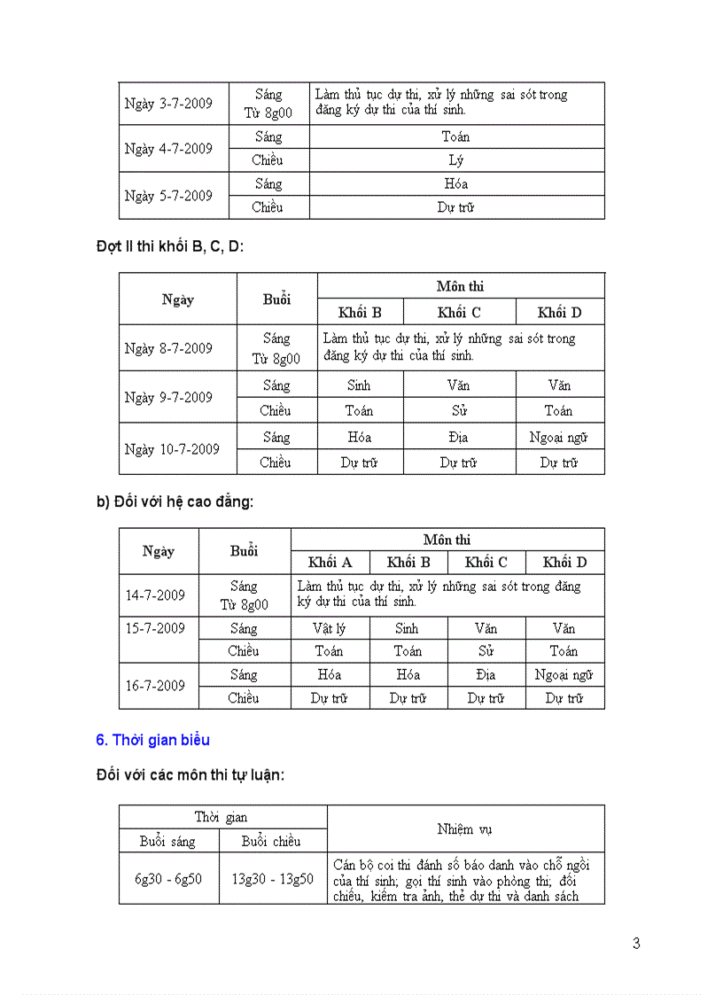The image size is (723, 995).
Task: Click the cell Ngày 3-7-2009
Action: click(168, 104)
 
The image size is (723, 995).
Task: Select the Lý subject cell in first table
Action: click(456, 160)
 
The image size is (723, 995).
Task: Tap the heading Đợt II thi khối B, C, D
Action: click(170, 246)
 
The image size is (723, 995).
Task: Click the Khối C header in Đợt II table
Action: click(459, 312)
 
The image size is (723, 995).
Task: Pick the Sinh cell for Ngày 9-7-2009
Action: click(359, 385)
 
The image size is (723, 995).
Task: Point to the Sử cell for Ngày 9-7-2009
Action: click(459, 410)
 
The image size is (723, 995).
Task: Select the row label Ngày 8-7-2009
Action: click(168, 348)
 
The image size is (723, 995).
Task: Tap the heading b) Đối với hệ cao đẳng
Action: click(175, 501)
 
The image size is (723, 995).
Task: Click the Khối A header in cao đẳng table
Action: click(330, 563)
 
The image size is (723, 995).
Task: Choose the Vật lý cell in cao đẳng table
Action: click(329, 628)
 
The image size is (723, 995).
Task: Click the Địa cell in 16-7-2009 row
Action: click(486, 675)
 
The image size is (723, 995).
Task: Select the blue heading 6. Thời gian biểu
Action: click(152, 740)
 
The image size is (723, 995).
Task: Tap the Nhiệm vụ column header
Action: click(465, 829)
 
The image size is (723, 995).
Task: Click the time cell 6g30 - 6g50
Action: click(168, 879)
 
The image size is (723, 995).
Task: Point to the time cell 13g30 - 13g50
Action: click(271, 879)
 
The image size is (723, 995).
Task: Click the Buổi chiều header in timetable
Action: click(271, 841)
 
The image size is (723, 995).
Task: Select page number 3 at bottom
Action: click(636, 944)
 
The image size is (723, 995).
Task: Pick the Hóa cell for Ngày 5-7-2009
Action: click(456, 184)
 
